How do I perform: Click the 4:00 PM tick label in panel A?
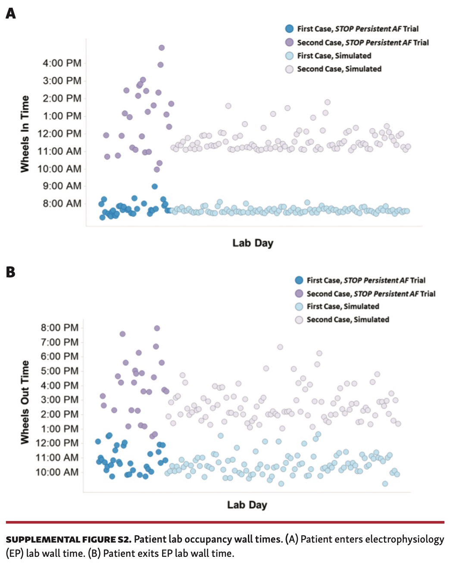click(62, 63)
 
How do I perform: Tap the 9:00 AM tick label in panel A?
click(62, 186)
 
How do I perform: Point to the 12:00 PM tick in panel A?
click(59, 133)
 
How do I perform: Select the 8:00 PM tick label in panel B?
click(59, 327)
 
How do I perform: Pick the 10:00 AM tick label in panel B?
click(57, 472)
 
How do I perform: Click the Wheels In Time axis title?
click(25, 134)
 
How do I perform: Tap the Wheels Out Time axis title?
click(25, 402)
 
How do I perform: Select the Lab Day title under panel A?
click(253, 243)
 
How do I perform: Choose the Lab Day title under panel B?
click(247, 505)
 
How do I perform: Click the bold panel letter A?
click(11, 13)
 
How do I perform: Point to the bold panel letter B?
click(11, 272)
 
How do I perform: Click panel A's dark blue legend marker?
click(289, 29)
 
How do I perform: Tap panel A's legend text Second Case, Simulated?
click(339, 69)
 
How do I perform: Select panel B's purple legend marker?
click(299, 294)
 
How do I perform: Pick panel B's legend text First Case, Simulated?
click(343, 307)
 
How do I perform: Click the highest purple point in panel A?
click(161, 48)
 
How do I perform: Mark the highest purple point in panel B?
click(157, 328)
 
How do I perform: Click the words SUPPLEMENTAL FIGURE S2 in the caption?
click(68, 540)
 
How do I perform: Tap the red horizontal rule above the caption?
click(225, 522)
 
